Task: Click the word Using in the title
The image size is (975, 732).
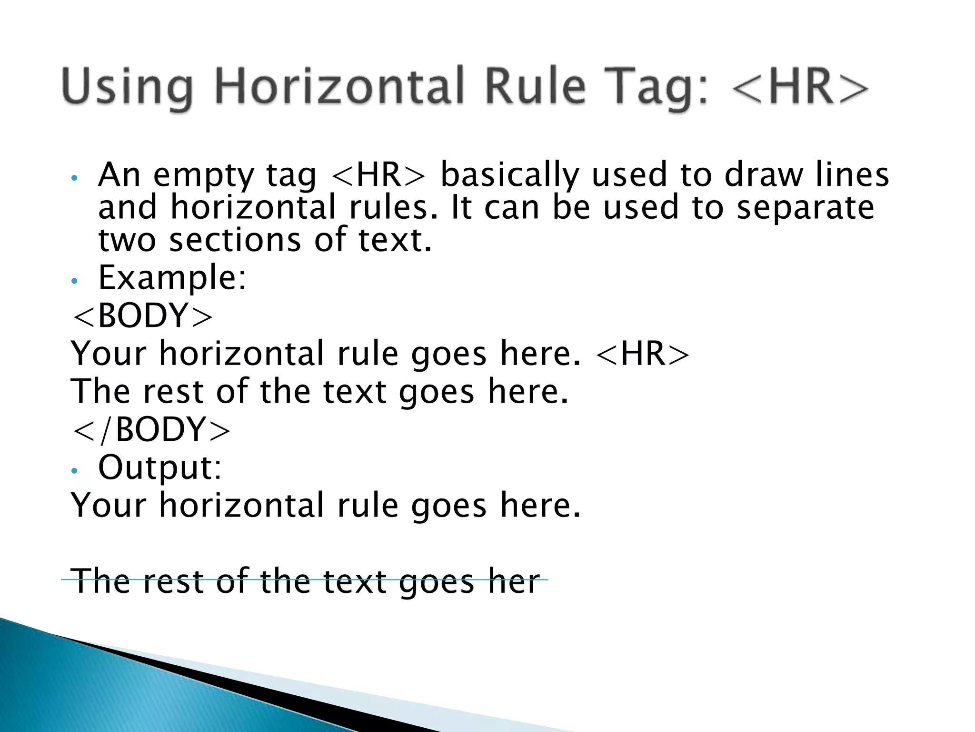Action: [x=127, y=88]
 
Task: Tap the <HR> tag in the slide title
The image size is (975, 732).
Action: [x=800, y=87]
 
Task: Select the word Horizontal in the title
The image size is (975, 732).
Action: [x=339, y=87]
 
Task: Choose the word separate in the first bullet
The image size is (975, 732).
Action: [x=806, y=208]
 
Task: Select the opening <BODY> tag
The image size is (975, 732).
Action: [x=142, y=316]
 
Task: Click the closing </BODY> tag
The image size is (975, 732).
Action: [x=151, y=429]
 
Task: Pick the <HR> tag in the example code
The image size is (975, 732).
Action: [x=642, y=354]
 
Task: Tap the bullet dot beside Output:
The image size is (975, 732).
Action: [x=73, y=471]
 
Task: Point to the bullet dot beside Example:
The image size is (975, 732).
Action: [x=73, y=281]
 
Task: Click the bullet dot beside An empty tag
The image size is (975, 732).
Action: [x=73, y=179]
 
